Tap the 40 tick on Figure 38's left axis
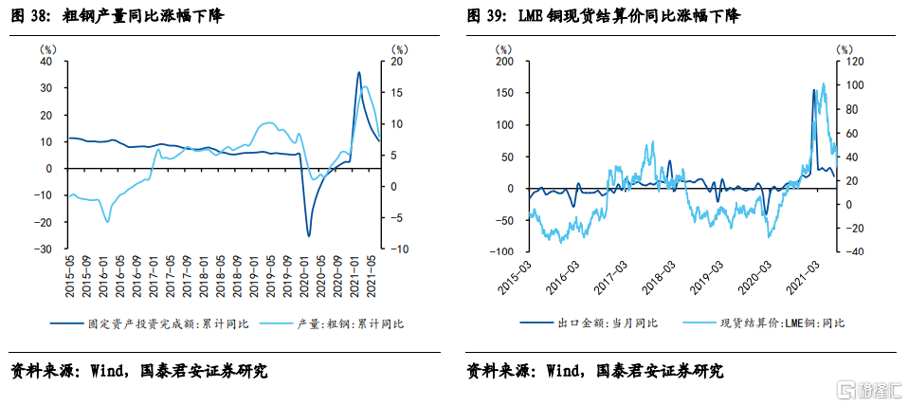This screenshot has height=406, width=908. [x=45, y=61]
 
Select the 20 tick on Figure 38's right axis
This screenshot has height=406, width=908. [x=399, y=61]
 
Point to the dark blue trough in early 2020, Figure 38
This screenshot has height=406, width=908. [x=308, y=234]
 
